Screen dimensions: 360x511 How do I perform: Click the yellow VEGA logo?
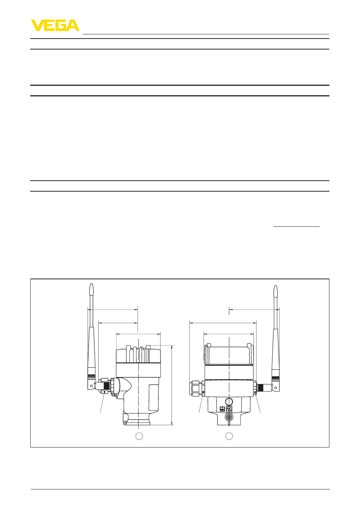point(55,25)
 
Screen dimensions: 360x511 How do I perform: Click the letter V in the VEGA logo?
point(37,25)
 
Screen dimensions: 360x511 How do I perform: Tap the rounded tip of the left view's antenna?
point(91,285)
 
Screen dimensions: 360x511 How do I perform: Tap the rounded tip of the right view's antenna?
point(275,287)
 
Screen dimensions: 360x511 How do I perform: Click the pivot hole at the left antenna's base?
point(91,386)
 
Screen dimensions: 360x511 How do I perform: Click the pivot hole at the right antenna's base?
point(275,387)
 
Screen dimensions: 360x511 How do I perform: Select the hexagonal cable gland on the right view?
point(196,387)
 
